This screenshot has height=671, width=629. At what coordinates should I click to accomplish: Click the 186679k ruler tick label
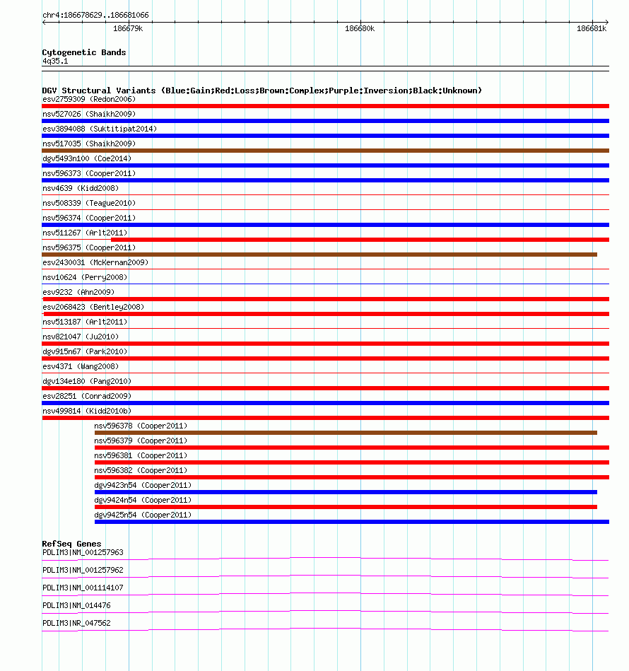click(x=128, y=29)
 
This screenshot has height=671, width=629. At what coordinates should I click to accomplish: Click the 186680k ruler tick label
click(x=360, y=29)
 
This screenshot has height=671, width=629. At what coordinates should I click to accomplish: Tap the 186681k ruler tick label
click(x=592, y=29)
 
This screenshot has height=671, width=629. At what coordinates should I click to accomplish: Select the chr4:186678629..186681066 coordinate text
click(x=95, y=15)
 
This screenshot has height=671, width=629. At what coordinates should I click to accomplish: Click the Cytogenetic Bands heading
click(x=84, y=52)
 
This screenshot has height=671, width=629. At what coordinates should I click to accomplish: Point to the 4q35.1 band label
click(x=55, y=61)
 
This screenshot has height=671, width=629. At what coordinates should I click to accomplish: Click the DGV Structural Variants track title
click(x=261, y=91)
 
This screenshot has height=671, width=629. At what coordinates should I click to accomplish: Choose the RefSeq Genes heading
click(x=71, y=544)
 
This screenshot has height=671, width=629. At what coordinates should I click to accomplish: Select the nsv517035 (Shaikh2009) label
click(x=89, y=144)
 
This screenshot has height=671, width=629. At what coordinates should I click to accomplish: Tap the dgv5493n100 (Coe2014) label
click(x=87, y=158)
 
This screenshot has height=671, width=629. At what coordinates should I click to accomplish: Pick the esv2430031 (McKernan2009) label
click(x=95, y=262)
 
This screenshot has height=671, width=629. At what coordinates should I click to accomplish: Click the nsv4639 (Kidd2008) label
click(x=81, y=188)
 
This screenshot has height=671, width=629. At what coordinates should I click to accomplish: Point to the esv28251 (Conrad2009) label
click(x=87, y=396)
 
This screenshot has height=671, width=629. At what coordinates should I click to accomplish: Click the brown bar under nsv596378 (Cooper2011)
click(x=346, y=433)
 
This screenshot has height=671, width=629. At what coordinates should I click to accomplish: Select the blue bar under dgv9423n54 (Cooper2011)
click(x=346, y=492)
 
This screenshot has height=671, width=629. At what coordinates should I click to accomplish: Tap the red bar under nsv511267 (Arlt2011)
click(x=360, y=240)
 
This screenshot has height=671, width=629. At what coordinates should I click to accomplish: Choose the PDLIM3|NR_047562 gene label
click(x=76, y=623)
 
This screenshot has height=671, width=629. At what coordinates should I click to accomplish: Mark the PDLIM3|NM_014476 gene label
click(x=76, y=605)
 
